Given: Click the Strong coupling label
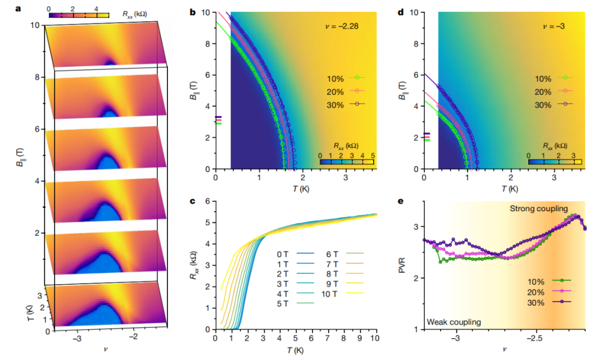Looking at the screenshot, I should (538, 209).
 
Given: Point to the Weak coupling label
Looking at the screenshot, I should (454, 322).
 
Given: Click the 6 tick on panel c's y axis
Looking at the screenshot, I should (209, 201).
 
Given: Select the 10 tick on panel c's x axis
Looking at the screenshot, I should (375, 339).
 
